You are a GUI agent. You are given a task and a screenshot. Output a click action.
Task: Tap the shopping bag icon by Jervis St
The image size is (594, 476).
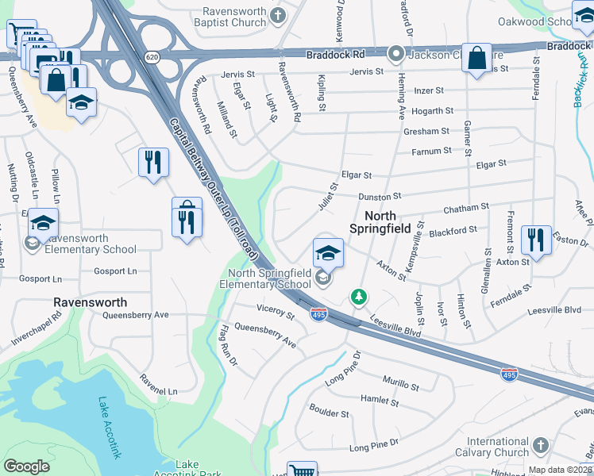click(x=477, y=59)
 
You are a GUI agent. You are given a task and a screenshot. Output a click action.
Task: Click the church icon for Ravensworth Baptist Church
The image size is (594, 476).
click(x=278, y=14)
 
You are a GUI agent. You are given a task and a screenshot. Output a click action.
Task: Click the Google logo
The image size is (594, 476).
click(x=27, y=466)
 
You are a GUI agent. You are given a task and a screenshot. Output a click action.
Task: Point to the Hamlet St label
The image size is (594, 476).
click(x=379, y=402)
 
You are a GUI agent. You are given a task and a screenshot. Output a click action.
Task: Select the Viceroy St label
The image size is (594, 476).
click(x=276, y=312)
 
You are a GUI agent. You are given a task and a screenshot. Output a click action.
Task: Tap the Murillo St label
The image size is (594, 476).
click(x=401, y=386)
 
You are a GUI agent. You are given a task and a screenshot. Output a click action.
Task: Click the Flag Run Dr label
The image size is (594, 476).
click(x=228, y=346)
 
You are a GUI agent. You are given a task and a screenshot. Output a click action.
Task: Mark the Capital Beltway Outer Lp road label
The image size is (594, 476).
click(x=213, y=189)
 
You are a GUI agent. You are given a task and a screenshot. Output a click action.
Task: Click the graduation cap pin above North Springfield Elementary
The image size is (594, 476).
click(x=328, y=253)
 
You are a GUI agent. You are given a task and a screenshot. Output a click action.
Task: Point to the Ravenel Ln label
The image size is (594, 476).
click(x=159, y=385)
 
